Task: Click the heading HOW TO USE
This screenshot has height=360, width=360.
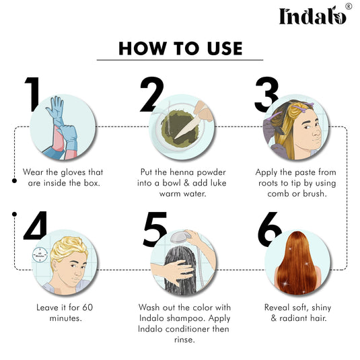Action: coord(180,48)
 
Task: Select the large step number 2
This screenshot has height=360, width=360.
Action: coord(151,95)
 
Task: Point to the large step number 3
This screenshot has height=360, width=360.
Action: coord(266,94)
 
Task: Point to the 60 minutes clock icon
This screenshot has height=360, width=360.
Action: coord(38,256)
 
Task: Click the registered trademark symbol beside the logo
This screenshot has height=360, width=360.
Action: coord(349,6)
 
